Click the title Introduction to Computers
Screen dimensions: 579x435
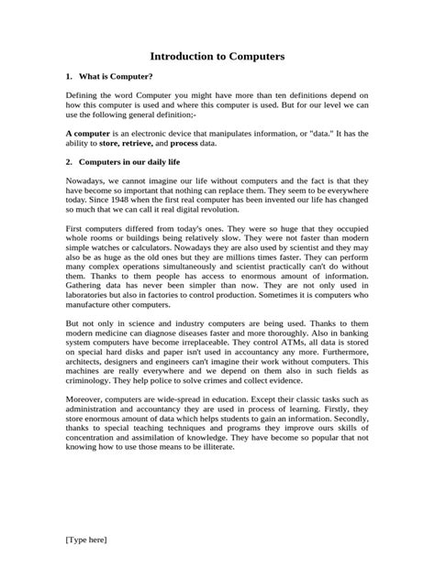217,56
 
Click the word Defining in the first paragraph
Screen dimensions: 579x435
84,94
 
